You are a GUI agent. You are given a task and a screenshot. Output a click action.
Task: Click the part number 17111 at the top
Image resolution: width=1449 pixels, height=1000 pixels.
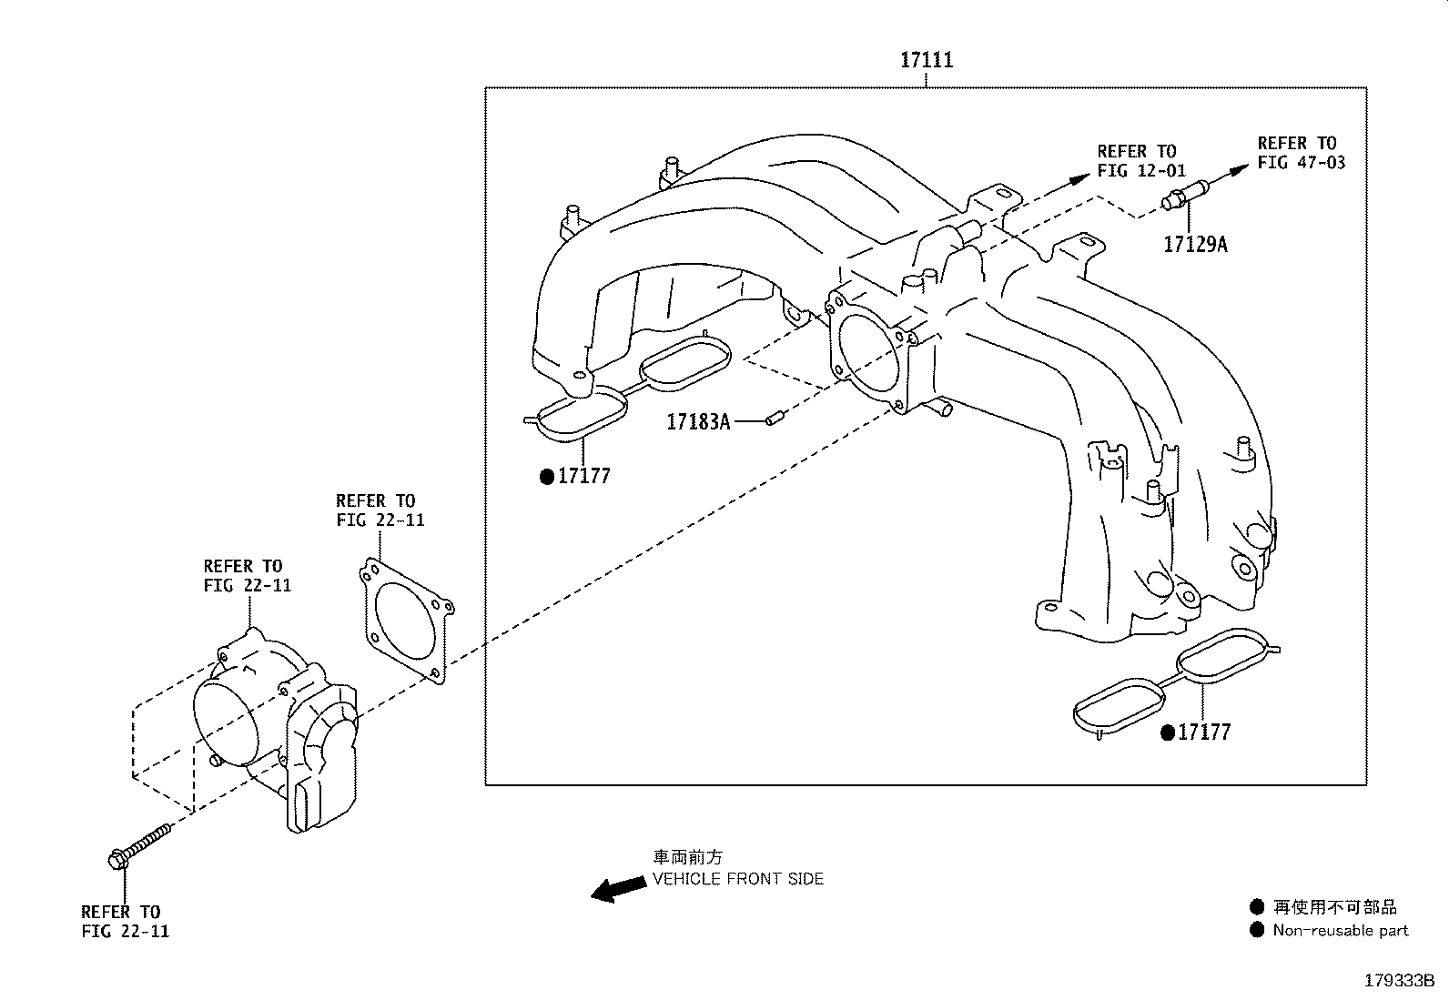927,61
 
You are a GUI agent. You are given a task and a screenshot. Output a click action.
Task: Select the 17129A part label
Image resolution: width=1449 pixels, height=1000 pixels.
1195,244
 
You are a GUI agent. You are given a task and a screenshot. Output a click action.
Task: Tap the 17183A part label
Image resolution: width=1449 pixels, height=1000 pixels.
698,421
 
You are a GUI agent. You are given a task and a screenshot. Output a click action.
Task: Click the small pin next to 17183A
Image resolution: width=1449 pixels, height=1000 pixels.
775,419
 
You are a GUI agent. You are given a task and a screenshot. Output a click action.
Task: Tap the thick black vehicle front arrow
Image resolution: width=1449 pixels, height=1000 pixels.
616,889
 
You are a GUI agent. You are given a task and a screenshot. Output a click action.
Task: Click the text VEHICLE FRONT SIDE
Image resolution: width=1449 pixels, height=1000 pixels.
738,879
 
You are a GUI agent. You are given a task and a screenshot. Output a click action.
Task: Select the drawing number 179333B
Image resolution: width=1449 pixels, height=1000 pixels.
1399,982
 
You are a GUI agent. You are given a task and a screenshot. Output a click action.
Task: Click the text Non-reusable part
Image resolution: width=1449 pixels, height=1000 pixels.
1340,930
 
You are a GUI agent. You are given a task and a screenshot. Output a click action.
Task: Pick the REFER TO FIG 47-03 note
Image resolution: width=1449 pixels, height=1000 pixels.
1301,153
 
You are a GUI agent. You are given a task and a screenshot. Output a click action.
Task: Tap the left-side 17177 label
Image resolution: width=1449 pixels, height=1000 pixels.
583,476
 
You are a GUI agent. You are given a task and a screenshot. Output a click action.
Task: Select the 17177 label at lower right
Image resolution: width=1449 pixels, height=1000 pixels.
1204,732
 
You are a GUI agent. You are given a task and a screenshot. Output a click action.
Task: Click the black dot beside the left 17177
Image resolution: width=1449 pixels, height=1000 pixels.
547,477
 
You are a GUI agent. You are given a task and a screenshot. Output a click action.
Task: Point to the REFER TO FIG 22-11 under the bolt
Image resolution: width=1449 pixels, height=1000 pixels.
125,921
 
